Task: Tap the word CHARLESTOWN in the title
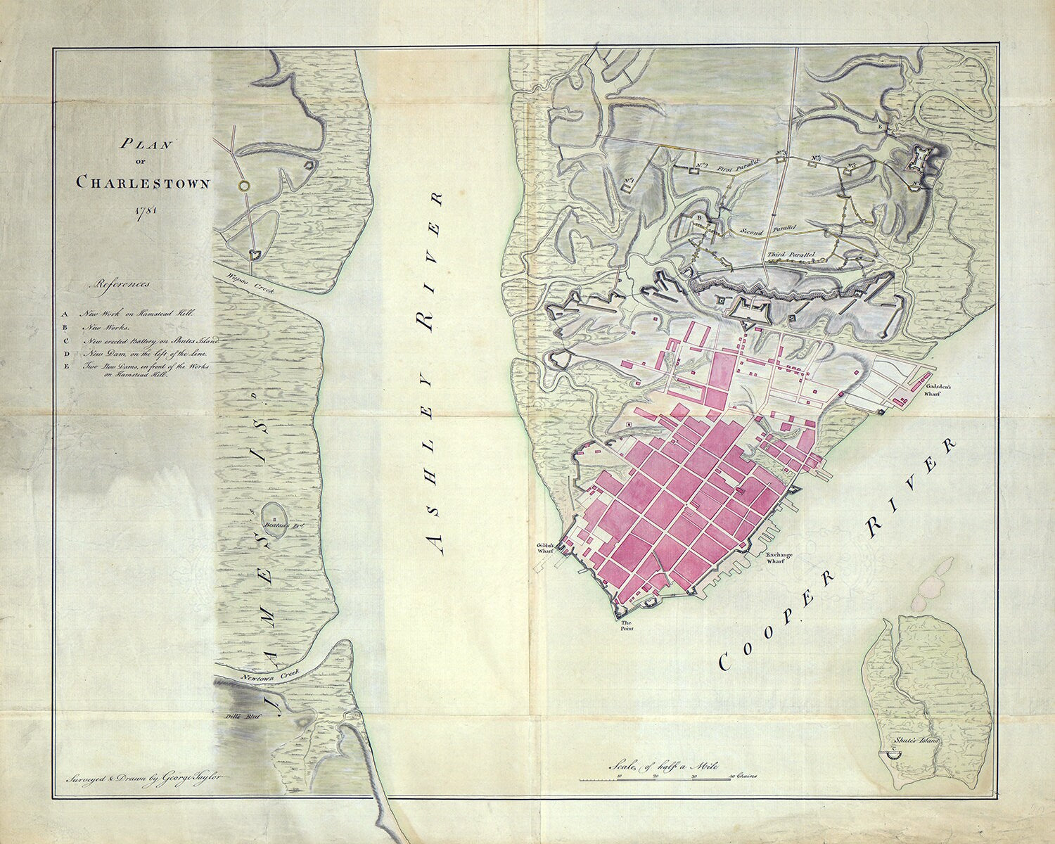pyautogui.click(x=143, y=183)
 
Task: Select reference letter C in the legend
pyautogui.click(x=65, y=340)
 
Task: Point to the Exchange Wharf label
pyautogui.click(x=779, y=558)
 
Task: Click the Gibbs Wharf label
pyautogui.click(x=546, y=549)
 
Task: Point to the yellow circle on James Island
pyautogui.click(x=243, y=186)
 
